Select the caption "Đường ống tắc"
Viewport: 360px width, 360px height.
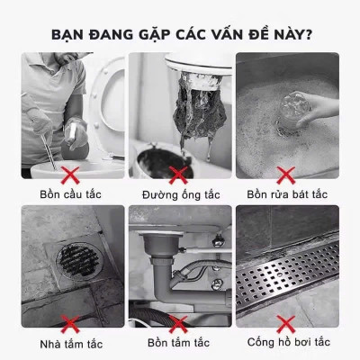pos(179,193)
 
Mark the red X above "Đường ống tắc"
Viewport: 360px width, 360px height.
pos(179,172)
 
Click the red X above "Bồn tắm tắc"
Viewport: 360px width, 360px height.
pos(179,322)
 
